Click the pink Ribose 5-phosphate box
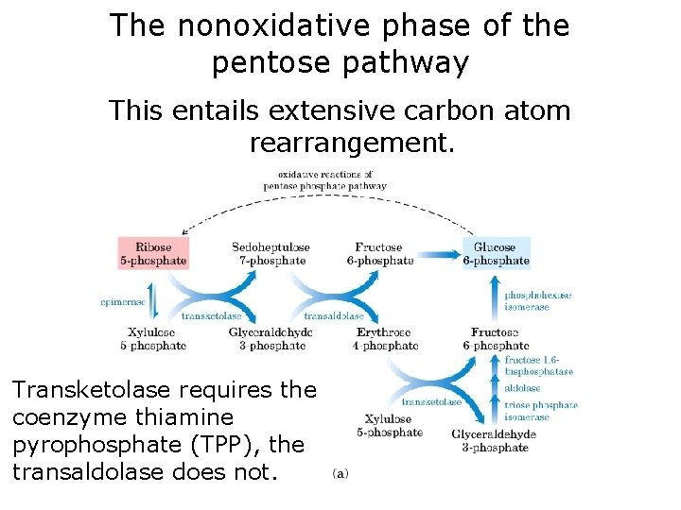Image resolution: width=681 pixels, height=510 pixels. pyautogui.click(x=153, y=252)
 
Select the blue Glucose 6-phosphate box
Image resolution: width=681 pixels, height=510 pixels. pyautogui.click(x=496, y=252)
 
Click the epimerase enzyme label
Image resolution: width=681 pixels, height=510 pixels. pyautogui.click(x=123, y=302)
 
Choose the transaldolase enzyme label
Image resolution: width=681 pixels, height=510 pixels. pyautogui.click(x=334, y=316)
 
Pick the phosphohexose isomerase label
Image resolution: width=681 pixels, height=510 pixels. pyautogui.click(x=537, y=300)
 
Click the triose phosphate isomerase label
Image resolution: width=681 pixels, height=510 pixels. pyautogui.click(x=541, y=411)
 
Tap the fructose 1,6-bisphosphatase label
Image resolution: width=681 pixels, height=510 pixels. pyautogui.click(x=538, y=365)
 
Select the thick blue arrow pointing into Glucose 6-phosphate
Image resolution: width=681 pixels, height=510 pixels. pyautogui.click(x=441, y=253)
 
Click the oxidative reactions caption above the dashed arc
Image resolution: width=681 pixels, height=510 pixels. pyautogui.click(x=324, y=179)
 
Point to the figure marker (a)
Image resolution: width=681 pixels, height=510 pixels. pyautogui.click(x=340, y=472)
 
